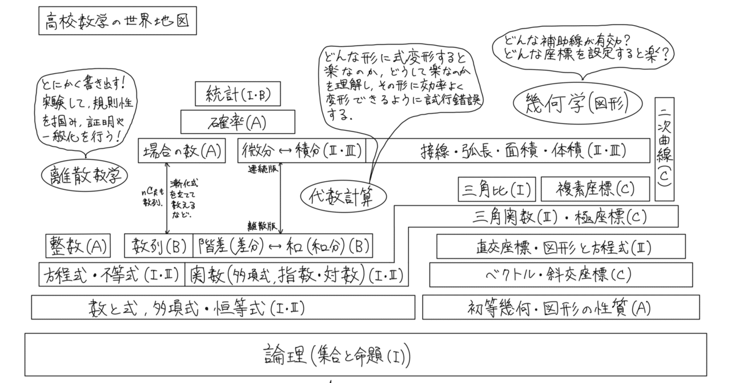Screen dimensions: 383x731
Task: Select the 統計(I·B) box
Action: tap(238, 94)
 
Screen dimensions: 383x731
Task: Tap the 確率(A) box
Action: tap(238, 122)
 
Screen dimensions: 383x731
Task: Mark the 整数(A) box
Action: tap(77, 246)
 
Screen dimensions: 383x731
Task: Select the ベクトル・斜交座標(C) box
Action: tap(560, 275)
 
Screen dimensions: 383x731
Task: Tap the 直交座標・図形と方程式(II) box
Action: tap(560, 246)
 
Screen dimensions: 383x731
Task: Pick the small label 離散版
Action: tap(260, 225)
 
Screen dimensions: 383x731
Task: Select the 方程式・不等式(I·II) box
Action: tap(112, 275)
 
